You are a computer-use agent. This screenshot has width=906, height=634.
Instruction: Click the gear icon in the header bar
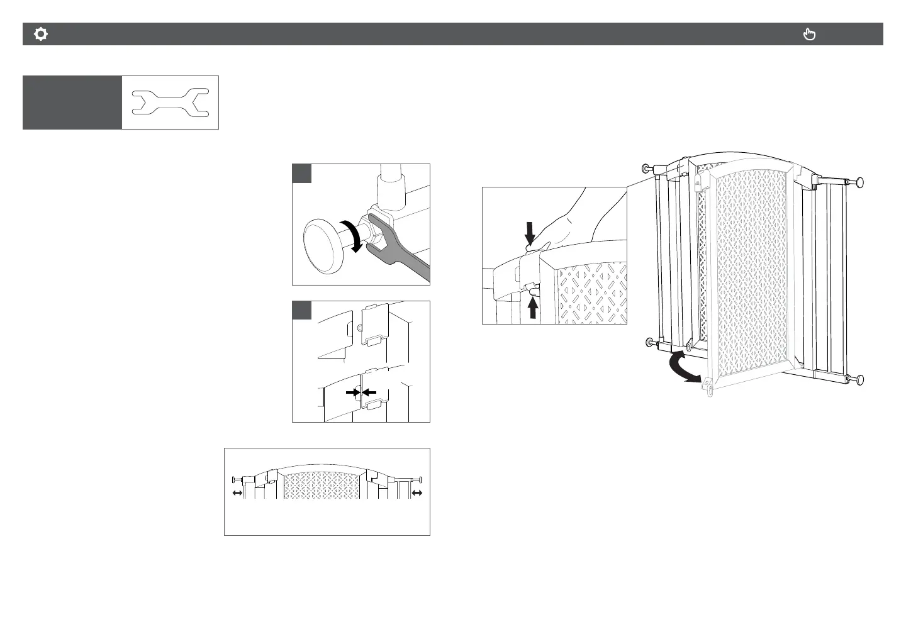pos(41,35)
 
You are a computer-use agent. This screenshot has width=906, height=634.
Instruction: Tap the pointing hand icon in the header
pos(810,35)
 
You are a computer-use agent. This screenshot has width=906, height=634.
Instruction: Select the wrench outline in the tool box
pos(171,103)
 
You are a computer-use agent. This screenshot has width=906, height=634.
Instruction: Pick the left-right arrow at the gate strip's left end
pos(237,494)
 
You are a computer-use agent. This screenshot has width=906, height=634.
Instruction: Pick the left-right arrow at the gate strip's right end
pos(417,494)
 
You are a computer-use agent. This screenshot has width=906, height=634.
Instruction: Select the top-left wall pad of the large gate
pos(646,169)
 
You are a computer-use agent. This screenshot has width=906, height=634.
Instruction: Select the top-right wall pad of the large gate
pos(859,182)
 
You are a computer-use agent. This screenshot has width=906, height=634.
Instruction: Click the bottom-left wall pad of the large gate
pos(649,342)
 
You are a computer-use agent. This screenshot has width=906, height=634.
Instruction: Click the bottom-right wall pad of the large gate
pos(859,379)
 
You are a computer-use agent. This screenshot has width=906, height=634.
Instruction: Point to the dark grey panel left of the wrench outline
pos(72,103)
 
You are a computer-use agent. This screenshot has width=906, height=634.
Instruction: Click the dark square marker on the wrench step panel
pos(302,174)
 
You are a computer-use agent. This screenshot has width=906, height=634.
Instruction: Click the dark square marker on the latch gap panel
pos(302,311)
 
